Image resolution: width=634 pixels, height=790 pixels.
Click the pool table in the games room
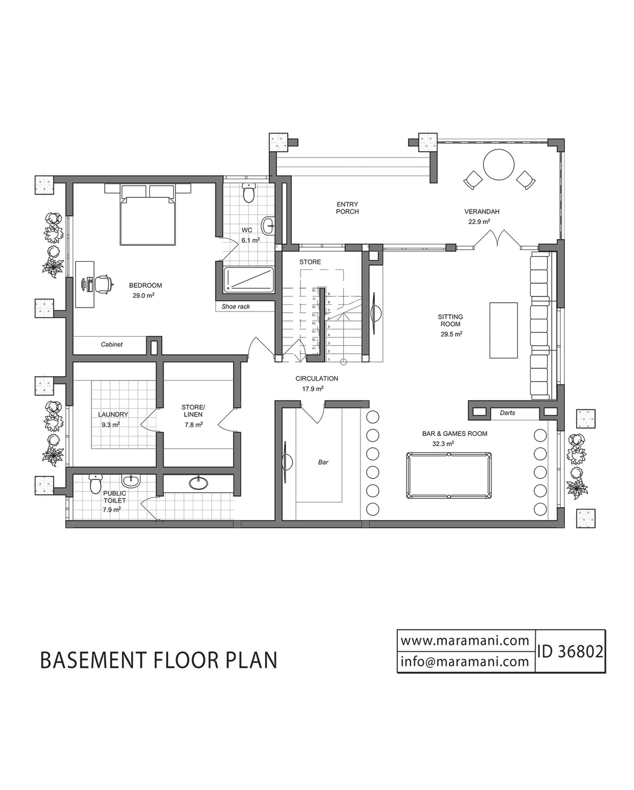(448, 476)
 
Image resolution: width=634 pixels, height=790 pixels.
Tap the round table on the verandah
(498, 165)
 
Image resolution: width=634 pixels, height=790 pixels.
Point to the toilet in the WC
(249, 193)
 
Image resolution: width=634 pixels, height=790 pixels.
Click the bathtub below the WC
(249, 280)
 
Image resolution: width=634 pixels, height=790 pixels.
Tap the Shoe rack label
(236, 306)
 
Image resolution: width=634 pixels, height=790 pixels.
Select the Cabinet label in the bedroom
(111, 345)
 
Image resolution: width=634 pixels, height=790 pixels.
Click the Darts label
(507, 413)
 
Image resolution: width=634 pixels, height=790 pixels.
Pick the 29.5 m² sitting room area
(451, 334)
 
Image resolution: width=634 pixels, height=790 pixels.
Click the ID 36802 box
(570, 651)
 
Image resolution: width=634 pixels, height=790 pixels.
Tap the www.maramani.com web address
(465, 640)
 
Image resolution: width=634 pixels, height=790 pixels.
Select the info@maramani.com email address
(465, 661)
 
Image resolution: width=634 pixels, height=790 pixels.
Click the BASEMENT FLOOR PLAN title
(159, 660)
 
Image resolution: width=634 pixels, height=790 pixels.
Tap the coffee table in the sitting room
(503, 330)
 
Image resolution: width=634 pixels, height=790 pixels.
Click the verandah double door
(497, 239)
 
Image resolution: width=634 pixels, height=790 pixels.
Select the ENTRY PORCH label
(347, 208)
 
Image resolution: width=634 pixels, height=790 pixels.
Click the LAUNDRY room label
(113, 414)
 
